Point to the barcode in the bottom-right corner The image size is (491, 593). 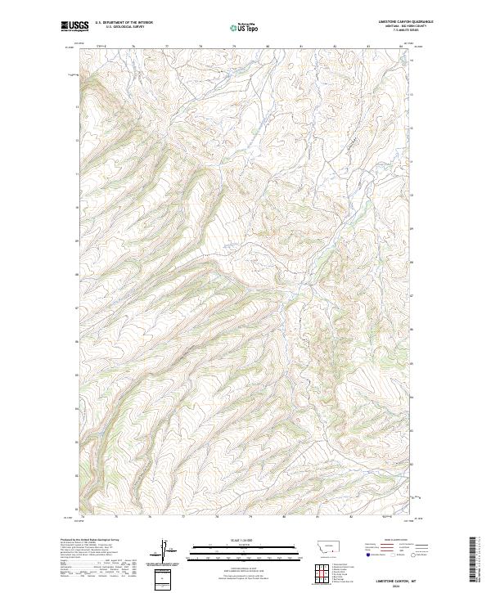coord(474,560)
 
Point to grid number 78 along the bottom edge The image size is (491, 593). coord(216,517)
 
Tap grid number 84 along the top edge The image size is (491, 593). coord(401,47)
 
